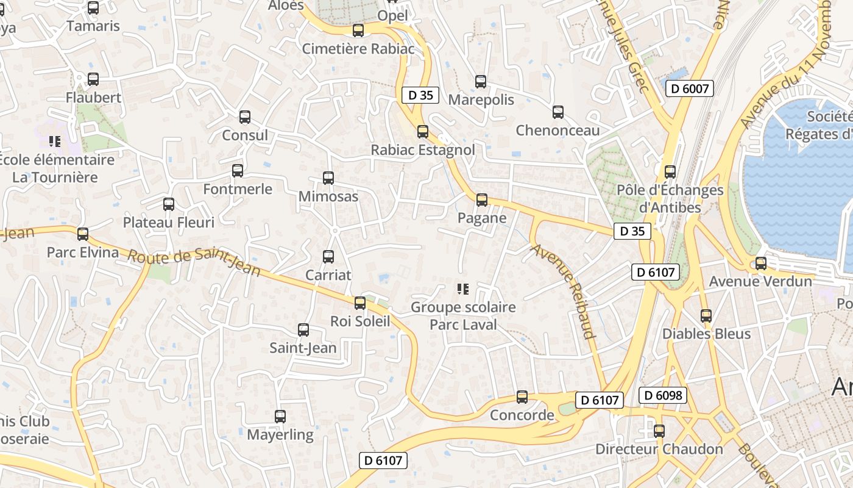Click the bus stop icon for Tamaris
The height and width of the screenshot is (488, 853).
point(93,8)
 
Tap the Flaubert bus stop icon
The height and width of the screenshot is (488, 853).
point(93,79)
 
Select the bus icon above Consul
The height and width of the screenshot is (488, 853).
point(245,117)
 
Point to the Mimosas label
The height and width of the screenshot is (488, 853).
point(328,197)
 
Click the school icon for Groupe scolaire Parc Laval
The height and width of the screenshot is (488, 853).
point(463,289)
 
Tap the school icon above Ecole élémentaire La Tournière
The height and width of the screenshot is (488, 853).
point(55,142)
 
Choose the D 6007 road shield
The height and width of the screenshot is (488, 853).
point(690,88)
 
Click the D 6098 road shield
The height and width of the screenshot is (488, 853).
point(663,395)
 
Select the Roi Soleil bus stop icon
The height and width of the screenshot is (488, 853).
point(360,303)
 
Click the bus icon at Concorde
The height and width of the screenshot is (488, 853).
point(522,397)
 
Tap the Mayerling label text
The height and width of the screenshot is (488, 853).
point(280,436)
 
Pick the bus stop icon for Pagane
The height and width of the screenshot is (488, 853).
point(482,200)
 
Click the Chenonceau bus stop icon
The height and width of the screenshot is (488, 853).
point(558,112)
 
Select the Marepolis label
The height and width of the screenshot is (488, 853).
point(481,100)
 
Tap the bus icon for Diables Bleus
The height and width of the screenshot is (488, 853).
point(706,316)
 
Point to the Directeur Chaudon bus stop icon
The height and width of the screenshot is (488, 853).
point(659,431)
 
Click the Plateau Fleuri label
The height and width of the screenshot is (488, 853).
point(169,223)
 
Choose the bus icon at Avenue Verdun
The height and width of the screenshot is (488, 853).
point(761,264)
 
